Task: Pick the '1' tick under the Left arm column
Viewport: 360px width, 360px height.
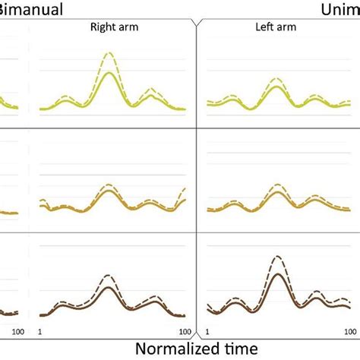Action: click(209, 332)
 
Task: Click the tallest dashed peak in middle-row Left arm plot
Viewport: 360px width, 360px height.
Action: click(278, 183)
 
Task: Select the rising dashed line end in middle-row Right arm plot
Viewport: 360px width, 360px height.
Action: click(185, 188)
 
